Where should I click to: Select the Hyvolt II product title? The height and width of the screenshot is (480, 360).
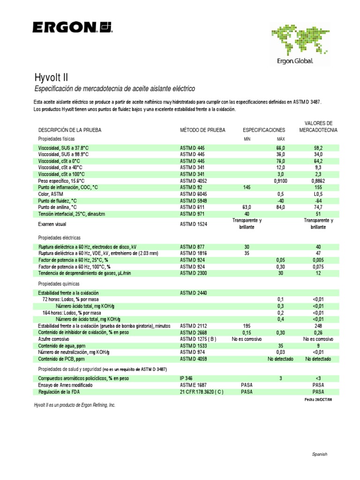pyautogui.click(x=52, y=77)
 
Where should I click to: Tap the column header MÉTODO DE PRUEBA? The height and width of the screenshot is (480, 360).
pyautogui.click(x=202, y=129)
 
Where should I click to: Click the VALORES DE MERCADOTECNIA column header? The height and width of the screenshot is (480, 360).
pyautogui.click(x=318, y=126)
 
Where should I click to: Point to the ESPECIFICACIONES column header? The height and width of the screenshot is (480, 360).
pyautogui.click(x=263, y=129)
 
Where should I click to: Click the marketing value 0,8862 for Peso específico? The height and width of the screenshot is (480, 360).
pyautogui.click(x=318, y=180)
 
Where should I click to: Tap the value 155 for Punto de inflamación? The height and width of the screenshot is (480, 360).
pyautogui.click(x=318, y=187)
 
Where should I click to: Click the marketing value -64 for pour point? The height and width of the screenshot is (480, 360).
pyautogui.click(x=318, y=201)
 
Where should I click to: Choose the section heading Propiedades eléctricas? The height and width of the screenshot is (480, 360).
pyautogui.click(x=60, y=238)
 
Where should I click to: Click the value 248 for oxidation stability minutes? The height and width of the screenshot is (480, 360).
pyautogui.click(x=318, y=326)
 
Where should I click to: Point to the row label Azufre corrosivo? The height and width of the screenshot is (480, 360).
pyautogui.click(x=54, y=339)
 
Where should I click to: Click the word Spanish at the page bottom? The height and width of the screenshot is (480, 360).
pyautogui.click(x=320, y=454)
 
